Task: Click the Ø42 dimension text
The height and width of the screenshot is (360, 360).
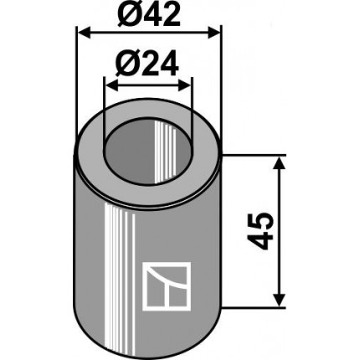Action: (148, 14)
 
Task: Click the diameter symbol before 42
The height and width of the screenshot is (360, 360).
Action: (126, 14)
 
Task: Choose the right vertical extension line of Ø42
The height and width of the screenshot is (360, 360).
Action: (221, 84)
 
